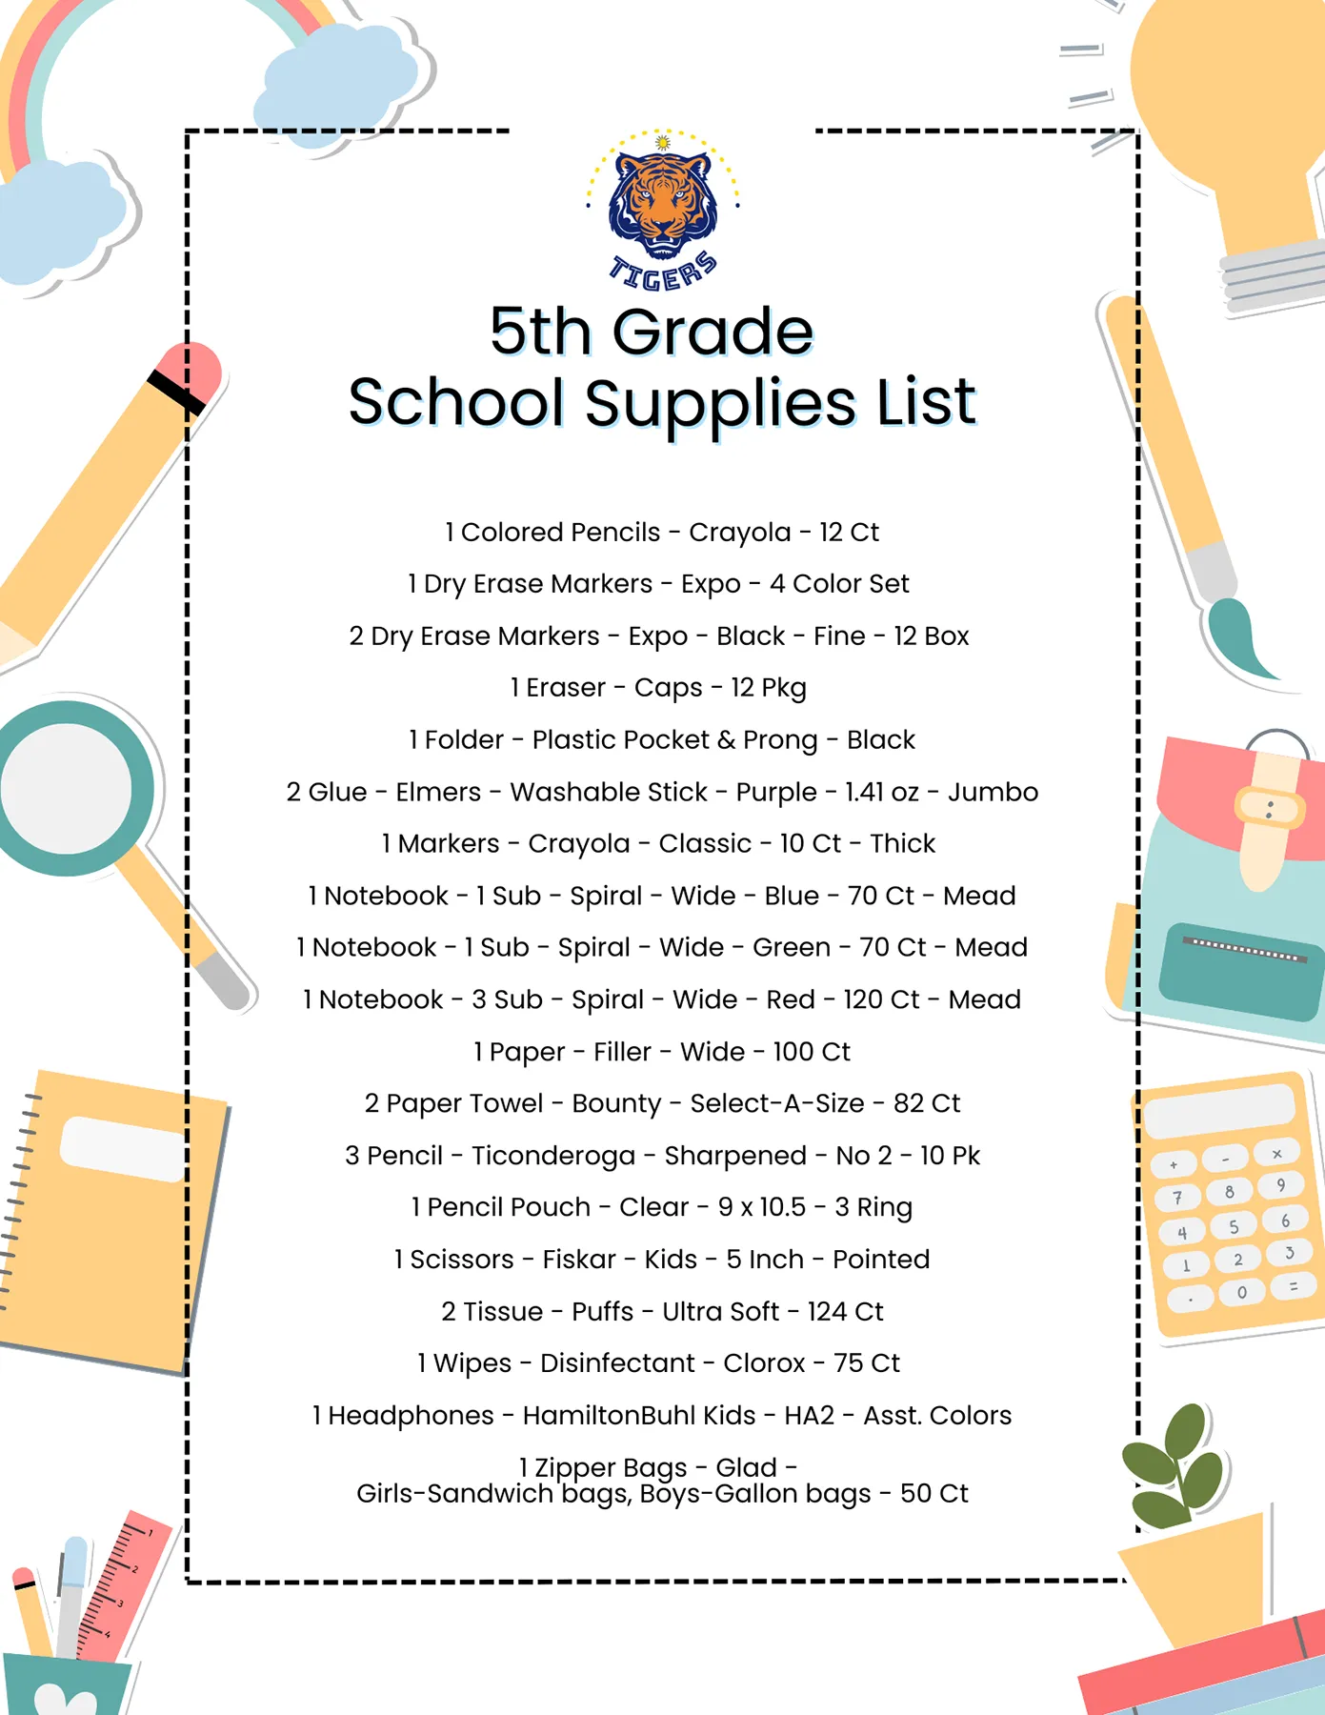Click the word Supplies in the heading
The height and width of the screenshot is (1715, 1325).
(x=720, y=403)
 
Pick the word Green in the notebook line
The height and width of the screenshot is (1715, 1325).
(x=791, y=948)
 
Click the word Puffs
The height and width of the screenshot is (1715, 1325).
(x=602, y=1312)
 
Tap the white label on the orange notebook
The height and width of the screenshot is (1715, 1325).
(x=124, y=1147)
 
